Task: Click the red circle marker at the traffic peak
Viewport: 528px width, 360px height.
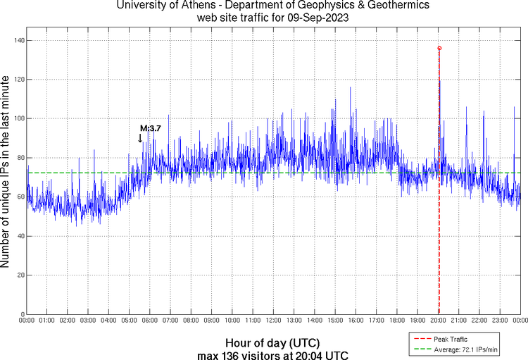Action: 439,48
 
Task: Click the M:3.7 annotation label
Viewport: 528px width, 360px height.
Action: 151,129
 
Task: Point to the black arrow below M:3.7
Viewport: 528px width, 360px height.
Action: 140,138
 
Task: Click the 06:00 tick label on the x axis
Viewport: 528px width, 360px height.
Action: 149,321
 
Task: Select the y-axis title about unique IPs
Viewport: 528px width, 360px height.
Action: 6,173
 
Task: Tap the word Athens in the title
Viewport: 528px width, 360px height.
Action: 192,6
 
